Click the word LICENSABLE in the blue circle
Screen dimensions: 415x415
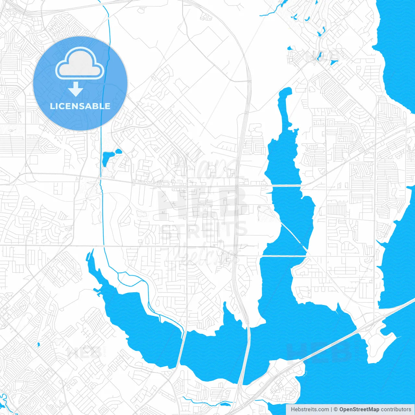80,106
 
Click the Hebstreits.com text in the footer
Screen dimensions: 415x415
310,409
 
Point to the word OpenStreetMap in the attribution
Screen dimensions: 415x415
359,409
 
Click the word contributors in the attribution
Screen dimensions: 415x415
396,409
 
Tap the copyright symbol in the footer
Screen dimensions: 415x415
336,409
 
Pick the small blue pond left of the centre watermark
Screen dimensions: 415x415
109,157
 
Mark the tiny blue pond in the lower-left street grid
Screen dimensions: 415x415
39,344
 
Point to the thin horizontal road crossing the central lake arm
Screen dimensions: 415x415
285,185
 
